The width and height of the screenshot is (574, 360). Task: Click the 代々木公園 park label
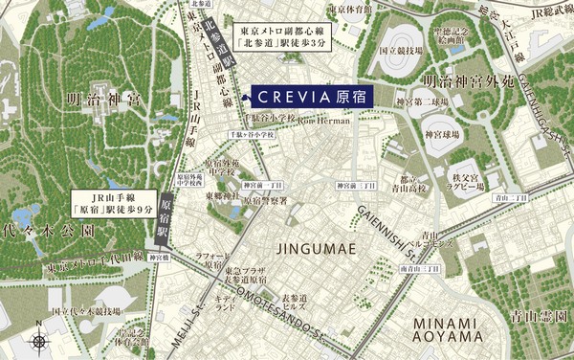coord(49,232)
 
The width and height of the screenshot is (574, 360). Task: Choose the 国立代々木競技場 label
coord(86,312)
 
